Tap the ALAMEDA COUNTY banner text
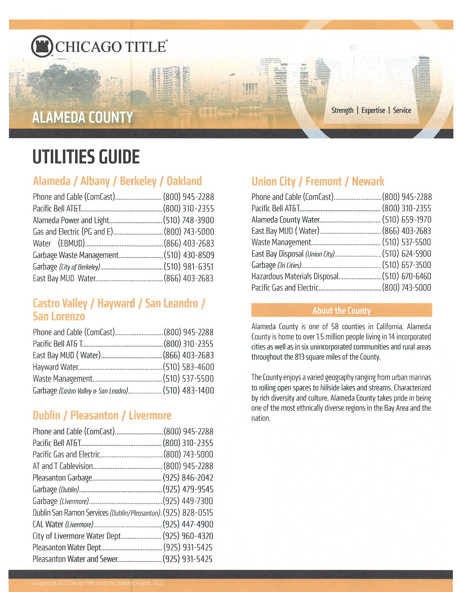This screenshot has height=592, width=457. coord(82,117)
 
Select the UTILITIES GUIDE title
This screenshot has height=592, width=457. coord(86,157)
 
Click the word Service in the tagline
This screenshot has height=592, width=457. coord(402,110)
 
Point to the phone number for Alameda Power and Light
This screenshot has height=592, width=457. coord(188,220)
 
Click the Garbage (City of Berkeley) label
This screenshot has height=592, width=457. coord(67,267)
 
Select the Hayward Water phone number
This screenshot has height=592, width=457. coord(188,367)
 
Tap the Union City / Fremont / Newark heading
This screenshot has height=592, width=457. coord(317,181)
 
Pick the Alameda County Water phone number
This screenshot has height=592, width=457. coord(406,220)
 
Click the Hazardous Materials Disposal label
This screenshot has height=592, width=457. coord(295,276)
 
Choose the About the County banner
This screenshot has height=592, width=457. coord(341,310)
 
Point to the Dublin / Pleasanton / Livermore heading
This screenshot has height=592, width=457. coord(102,415)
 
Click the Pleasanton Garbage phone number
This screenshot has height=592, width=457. coord(188,478)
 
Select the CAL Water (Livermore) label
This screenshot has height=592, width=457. coord(63,524)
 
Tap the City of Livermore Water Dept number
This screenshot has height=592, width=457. coord(188,536)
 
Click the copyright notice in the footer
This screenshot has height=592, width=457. coord(98,583)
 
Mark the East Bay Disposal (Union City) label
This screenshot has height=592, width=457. coord(293,254)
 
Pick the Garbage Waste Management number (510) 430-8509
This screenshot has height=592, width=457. coord(189,255)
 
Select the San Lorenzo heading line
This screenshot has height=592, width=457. coord(59,316)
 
